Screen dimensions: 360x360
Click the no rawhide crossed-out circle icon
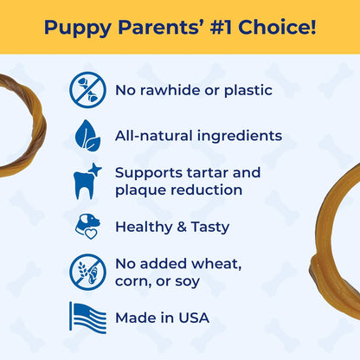87,90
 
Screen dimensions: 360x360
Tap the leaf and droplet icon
87,135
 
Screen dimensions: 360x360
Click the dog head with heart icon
87,227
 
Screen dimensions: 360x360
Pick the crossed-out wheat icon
87,271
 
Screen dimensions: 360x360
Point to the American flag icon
87,318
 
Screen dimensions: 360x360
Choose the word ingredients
239,135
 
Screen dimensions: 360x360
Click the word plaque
142,190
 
